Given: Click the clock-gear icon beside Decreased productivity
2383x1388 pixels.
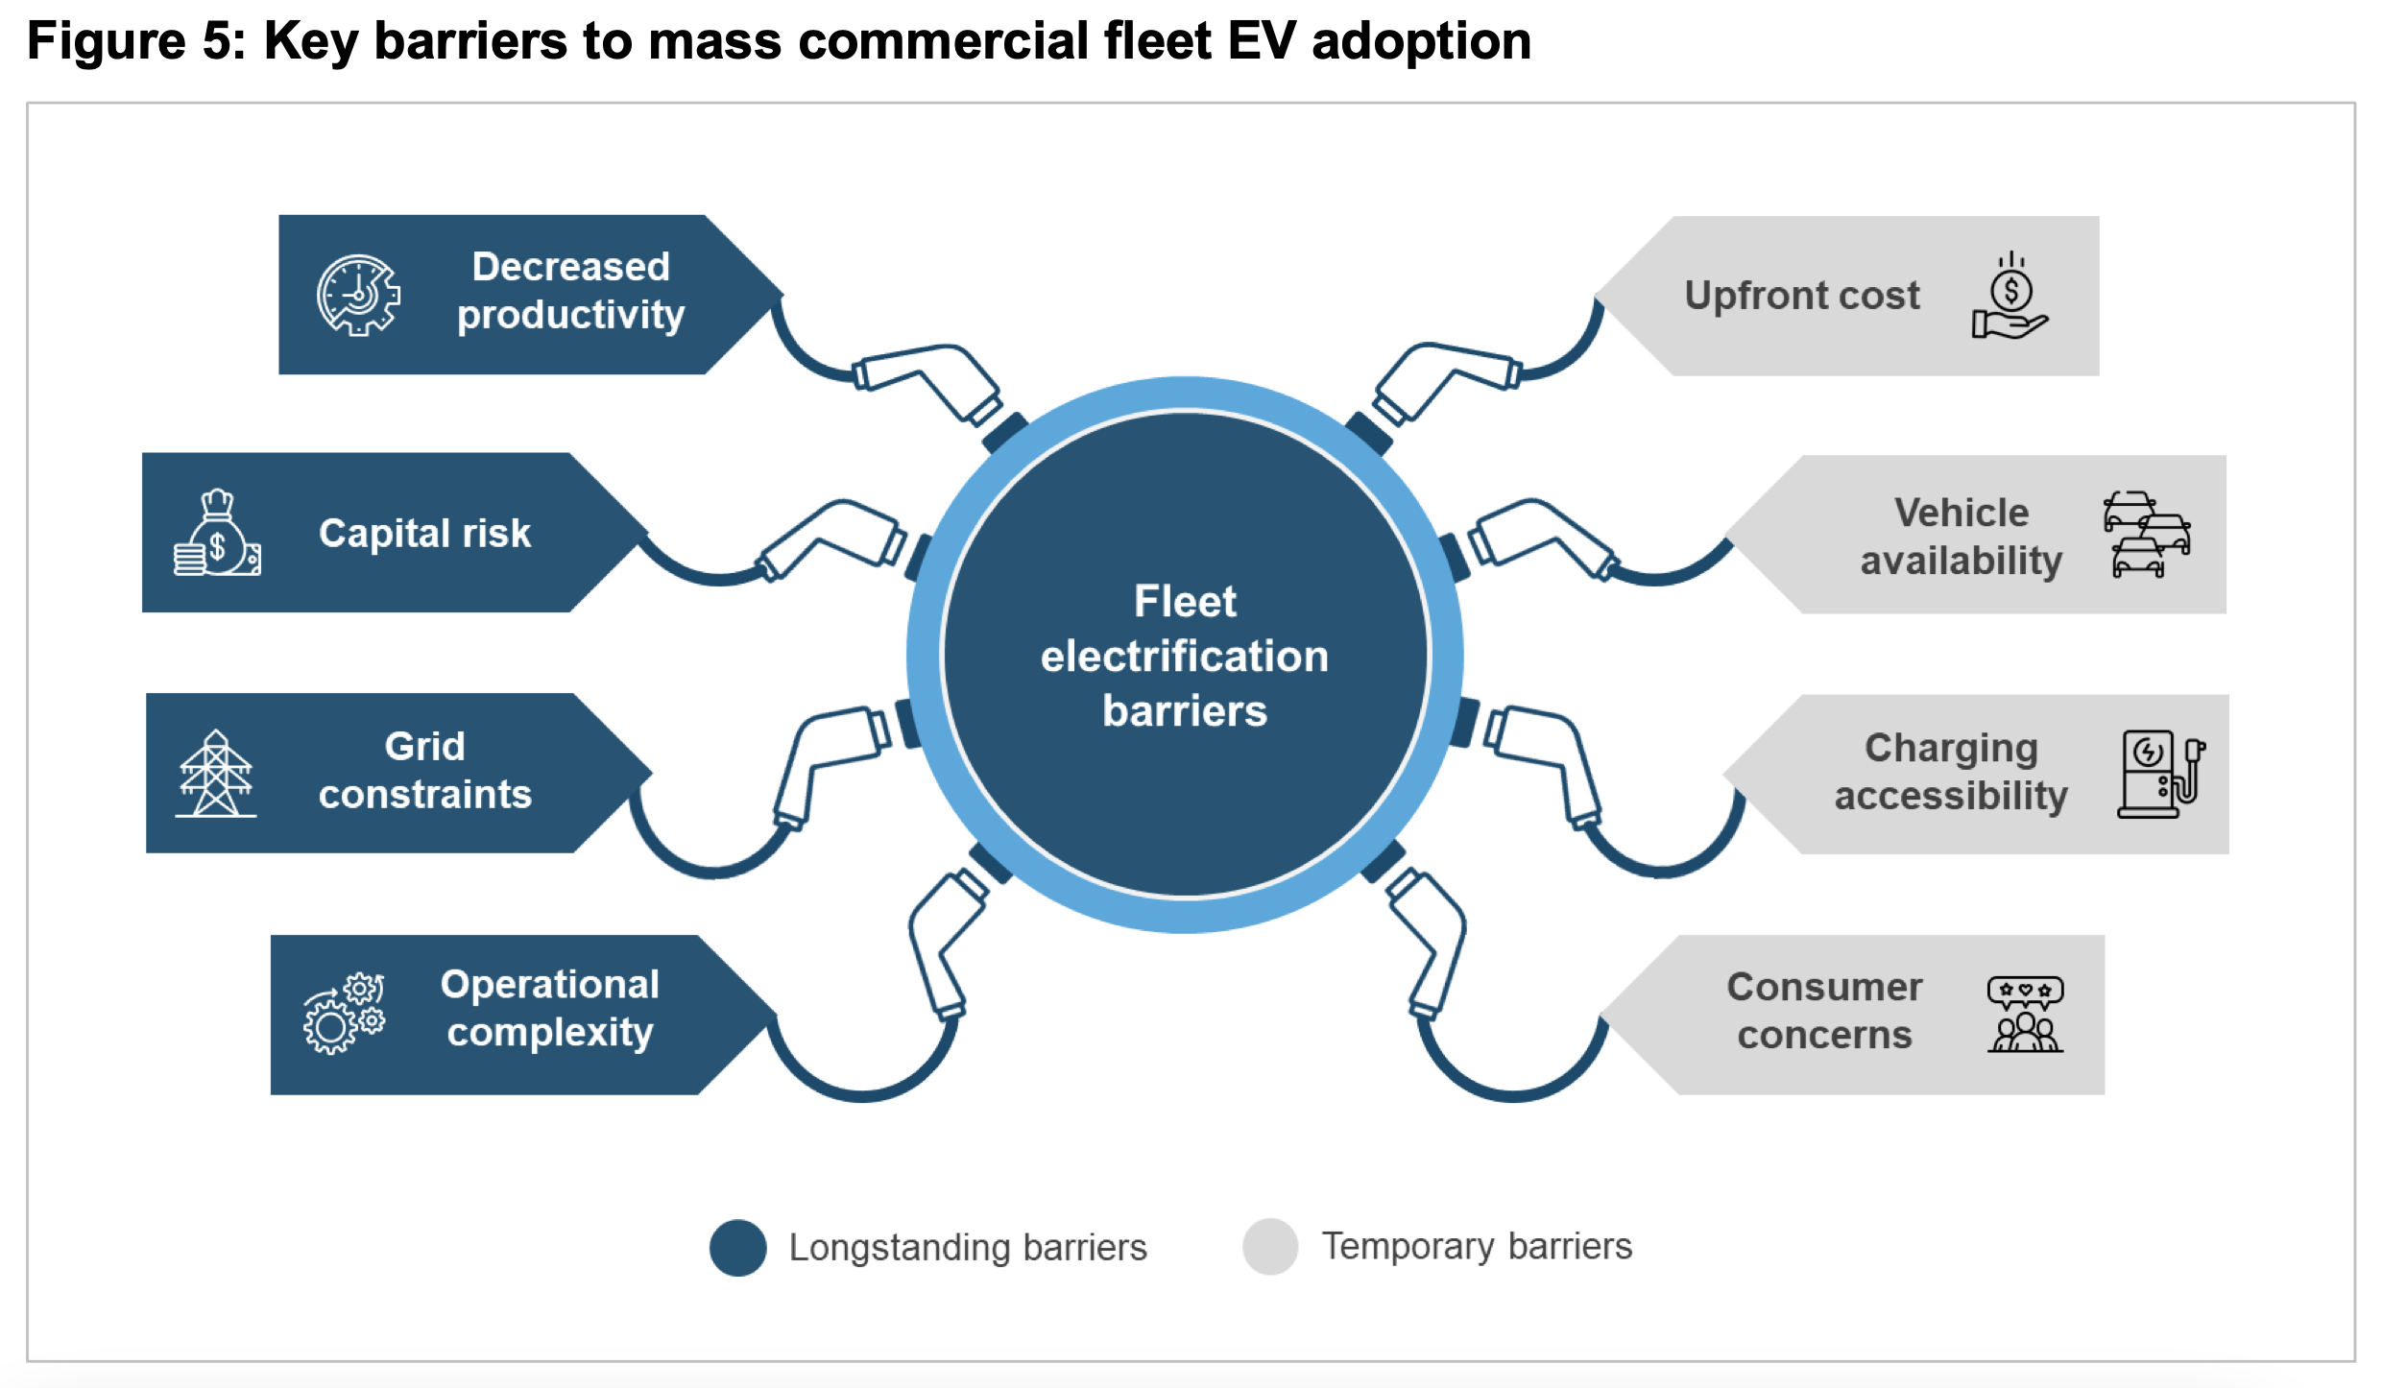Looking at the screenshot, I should [x=358, y=295].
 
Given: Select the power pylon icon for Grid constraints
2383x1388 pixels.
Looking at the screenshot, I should [x=216, y=774].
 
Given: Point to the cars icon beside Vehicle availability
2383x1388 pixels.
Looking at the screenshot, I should [x=2146, y=535].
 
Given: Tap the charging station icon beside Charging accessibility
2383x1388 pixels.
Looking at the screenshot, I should [x=2160, y=774].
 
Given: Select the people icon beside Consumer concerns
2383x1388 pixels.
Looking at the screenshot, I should [x=2025, y=1015].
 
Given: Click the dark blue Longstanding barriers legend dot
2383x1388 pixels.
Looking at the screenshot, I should [x=737, y=1247].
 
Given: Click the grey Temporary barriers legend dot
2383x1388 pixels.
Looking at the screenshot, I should [x=1269, y=1246].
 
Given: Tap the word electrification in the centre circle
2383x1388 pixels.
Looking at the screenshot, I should [x=1184, y=657].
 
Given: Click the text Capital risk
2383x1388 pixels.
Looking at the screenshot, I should [x=424, y=533].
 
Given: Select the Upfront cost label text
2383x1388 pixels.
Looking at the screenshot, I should [x=1801, y=296].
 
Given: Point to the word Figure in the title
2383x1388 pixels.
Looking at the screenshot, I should [x=106, y=40].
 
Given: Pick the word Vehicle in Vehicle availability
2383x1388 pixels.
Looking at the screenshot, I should [x=1961, y=513].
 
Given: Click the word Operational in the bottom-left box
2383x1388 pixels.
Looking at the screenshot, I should [x=549, y=985].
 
